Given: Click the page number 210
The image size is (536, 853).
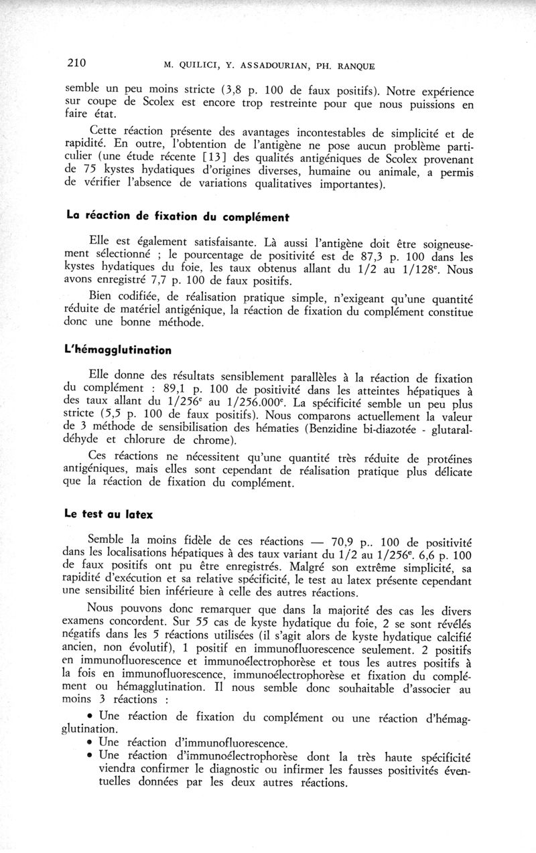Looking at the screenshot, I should [x=76, y=64].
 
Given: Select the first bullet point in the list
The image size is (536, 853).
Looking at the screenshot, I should [x=90, y=716].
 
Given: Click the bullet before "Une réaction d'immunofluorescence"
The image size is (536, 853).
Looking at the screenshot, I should [x=90, y=742].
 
